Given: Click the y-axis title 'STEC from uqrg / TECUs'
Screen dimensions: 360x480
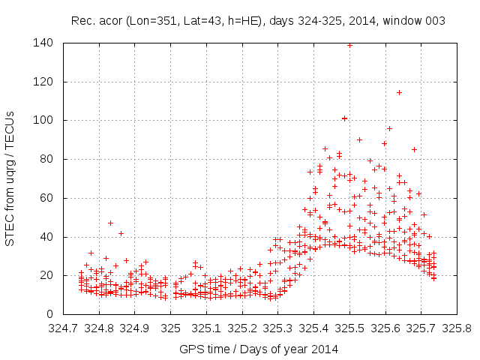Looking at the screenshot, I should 10,178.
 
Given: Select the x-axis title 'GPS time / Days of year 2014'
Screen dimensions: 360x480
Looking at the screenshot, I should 259,349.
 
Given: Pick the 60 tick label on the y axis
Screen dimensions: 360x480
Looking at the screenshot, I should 46,198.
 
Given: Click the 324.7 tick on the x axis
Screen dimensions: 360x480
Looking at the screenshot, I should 64,328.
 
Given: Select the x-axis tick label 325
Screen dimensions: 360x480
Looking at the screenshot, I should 171,328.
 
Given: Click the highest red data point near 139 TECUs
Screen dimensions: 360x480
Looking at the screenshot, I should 349,45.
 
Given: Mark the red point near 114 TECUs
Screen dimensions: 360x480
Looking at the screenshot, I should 399,92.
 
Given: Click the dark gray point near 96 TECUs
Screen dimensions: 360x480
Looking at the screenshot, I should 389,128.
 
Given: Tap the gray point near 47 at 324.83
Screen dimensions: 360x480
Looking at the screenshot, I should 110,223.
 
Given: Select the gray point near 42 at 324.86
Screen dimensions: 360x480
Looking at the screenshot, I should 121,233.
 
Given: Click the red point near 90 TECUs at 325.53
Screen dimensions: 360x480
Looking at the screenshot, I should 359,139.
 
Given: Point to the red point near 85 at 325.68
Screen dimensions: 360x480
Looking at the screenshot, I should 414,149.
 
